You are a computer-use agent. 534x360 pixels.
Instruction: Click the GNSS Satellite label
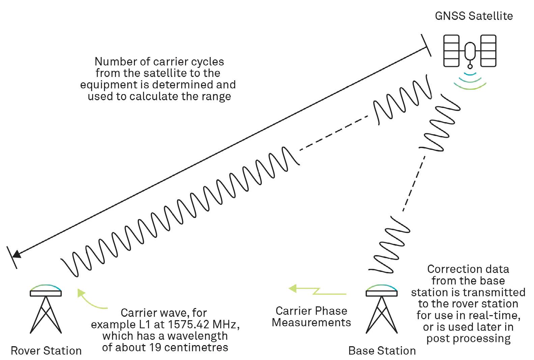coord(474,16)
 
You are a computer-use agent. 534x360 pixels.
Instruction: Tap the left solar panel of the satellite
coord(451,51)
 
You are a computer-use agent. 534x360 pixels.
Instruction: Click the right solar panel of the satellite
coord(488,51)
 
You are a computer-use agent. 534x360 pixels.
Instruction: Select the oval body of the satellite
coord(470,51)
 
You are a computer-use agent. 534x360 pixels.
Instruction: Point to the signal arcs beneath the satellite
coord(470,81)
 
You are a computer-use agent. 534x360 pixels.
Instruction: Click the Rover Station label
coord(46,351)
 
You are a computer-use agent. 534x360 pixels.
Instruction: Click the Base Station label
coord(382,351)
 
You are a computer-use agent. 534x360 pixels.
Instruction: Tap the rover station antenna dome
coord(46,287)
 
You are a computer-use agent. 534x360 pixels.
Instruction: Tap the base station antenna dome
coord(382,287)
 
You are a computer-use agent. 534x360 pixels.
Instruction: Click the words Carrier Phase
coord(311,311)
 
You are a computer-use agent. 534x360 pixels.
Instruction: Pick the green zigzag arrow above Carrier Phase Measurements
coord(317,290)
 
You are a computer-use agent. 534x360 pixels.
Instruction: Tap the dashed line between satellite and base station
coord(414,184)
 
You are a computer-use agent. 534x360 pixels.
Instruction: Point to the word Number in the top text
coord(111,61)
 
